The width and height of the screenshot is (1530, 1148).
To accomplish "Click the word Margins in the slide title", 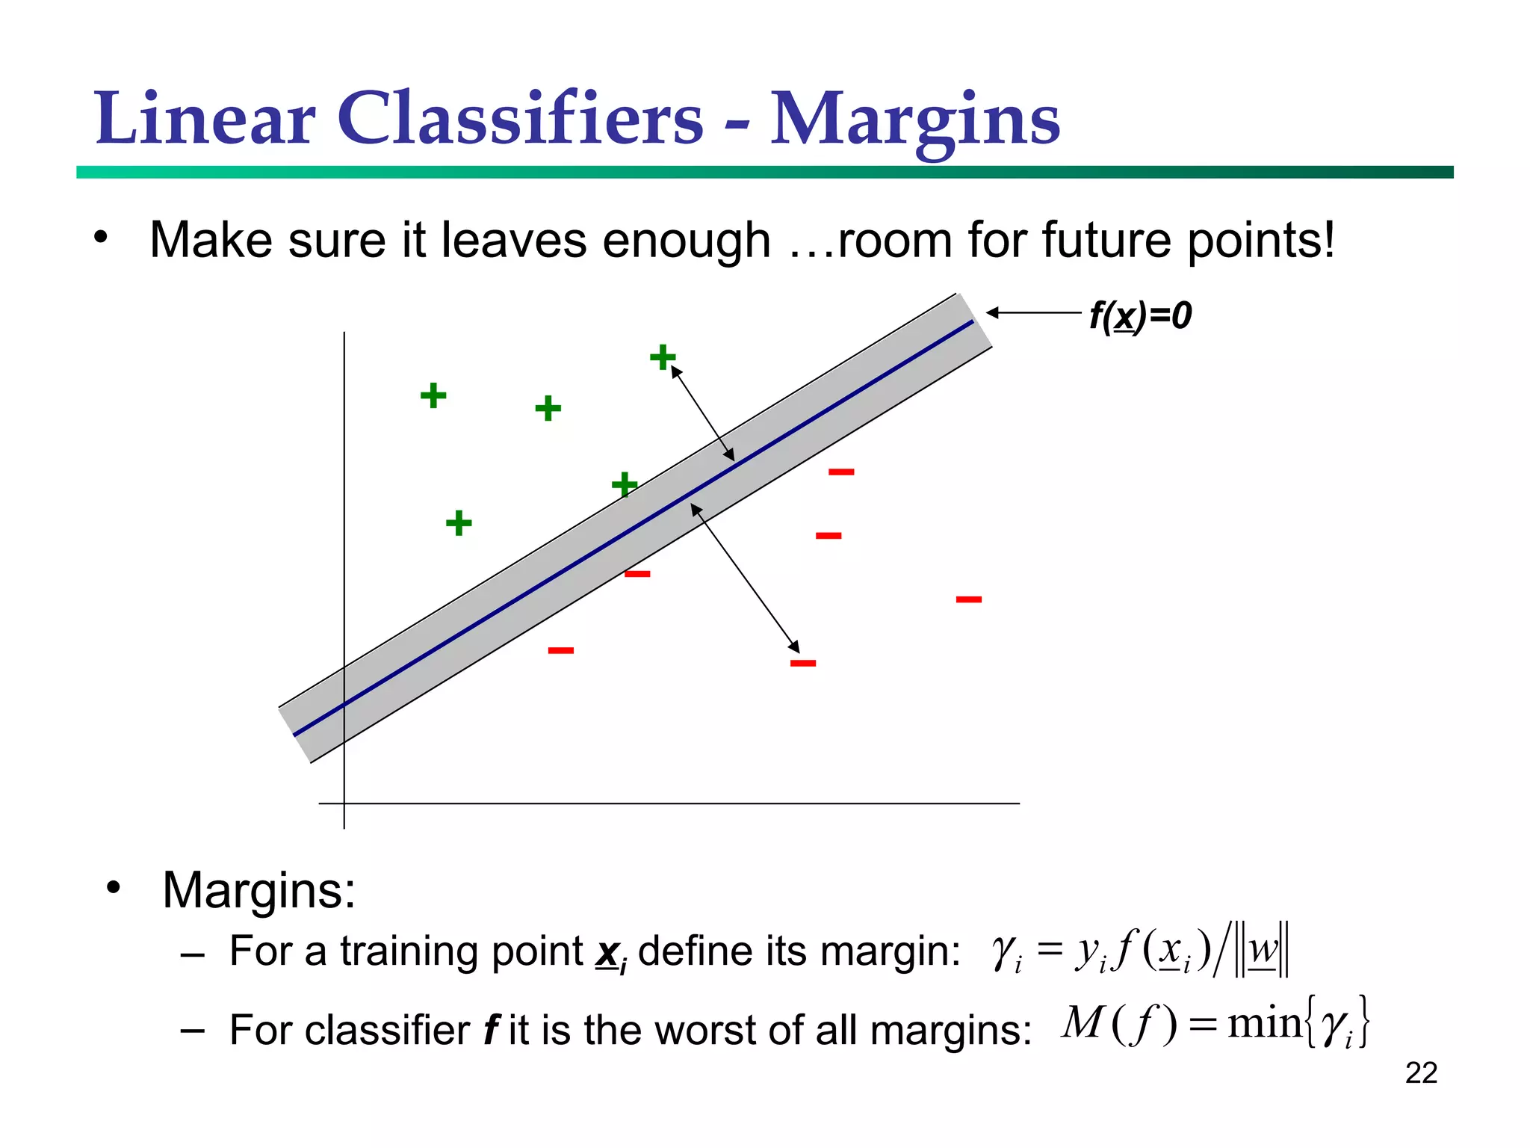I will [x=914, y=120].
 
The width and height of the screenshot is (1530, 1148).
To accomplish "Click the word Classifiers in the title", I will [x=520, y=120].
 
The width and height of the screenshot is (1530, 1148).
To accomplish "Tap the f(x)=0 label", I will [x=1140, y=315].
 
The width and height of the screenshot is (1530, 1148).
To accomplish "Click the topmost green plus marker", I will [x=663, y=357].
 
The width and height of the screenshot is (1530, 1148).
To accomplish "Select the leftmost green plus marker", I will [x=433, y=395].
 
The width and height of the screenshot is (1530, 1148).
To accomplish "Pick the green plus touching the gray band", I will [x=625, y=485].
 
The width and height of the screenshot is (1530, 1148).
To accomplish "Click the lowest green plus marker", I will [x=459, y=522].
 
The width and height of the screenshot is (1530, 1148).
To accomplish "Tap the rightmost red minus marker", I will [x=969, y=599].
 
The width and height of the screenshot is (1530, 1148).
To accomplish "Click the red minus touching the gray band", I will [x=637, y=574].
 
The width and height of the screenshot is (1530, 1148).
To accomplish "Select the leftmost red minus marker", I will [x=561, y=650].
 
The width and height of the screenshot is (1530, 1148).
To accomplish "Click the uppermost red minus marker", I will [x=841, y=472].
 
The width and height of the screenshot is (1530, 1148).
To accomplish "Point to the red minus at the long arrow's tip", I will [x=803, y=663].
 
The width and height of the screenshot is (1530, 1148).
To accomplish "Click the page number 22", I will [x=1421, y=1073].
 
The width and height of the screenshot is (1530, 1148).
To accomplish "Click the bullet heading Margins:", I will [x=258, y=890].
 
